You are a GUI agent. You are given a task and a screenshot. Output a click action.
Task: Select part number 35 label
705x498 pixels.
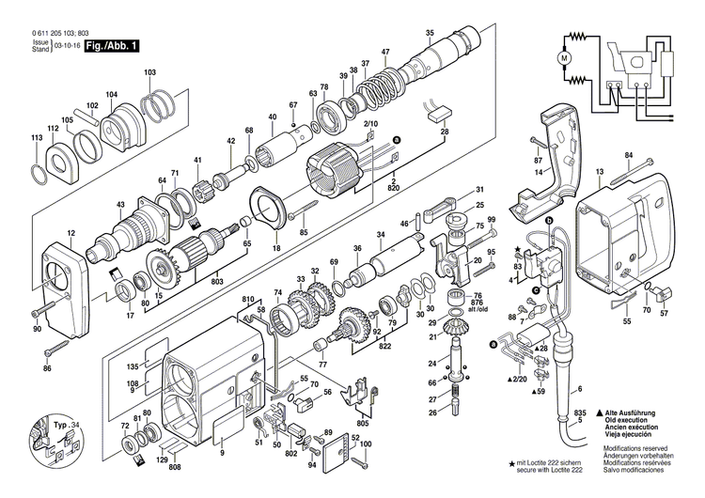(x=430, y=34)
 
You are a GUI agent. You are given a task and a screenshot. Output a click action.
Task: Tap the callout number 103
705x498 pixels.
(x=149, y=72)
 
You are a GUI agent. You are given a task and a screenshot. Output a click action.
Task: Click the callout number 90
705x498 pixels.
(x=38, y=329)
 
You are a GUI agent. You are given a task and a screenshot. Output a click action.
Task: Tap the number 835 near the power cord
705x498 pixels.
(x=581, y=412)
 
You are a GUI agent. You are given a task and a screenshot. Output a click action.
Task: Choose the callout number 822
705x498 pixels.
(x=387, y=347)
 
